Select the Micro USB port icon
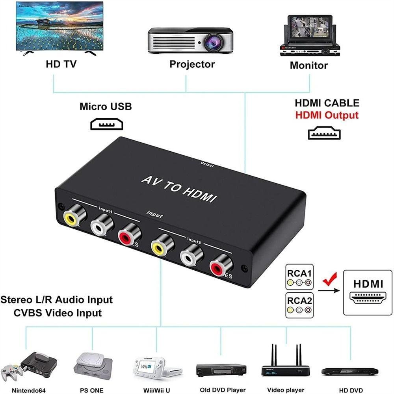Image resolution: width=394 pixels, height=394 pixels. click(107, 125)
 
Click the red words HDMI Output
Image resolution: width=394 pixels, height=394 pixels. click(327, 115)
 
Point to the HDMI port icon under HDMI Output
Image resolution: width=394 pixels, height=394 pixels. click(324, 134)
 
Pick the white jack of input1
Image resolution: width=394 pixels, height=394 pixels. click(102, 227)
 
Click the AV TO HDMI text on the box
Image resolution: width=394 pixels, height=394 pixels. click(179, 189)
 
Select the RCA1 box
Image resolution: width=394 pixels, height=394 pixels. click(299, 277)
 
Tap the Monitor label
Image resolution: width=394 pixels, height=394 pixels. click(309, 65)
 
